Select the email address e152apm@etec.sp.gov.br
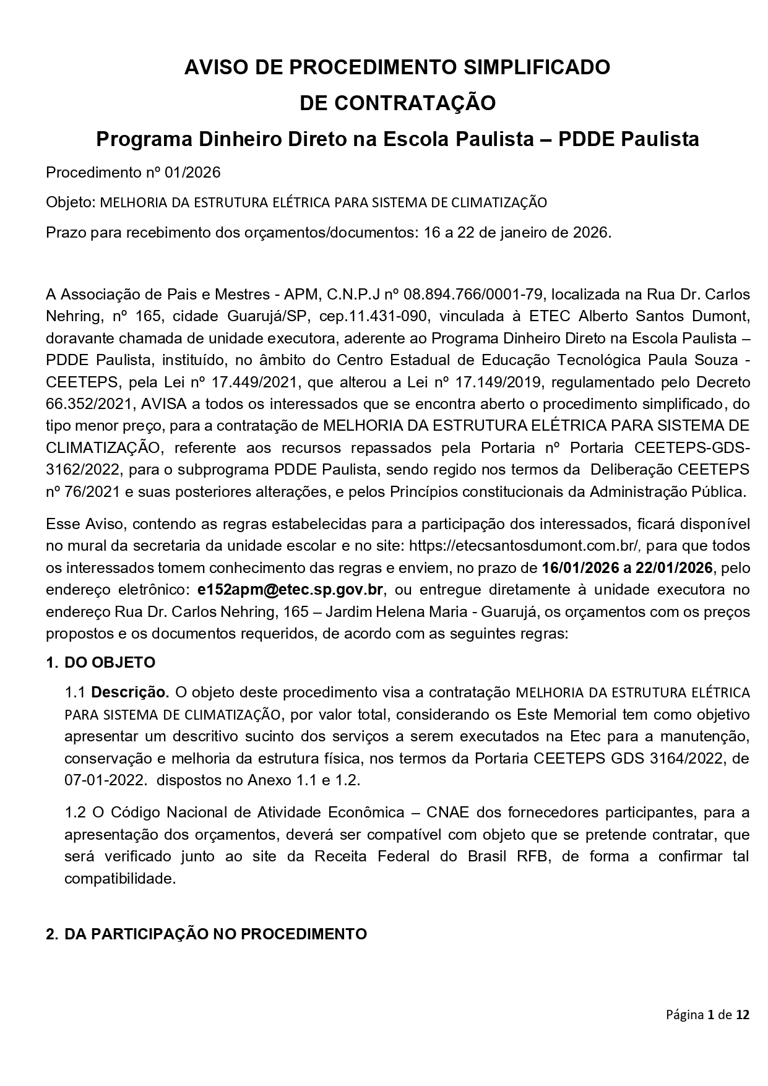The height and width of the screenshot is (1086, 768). coord(290,589)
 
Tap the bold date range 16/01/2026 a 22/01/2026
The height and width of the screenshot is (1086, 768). coord(627,567)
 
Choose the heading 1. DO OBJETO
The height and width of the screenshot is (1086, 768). coord(101,662)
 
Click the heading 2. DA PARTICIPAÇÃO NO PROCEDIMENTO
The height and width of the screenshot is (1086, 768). coord(206,934)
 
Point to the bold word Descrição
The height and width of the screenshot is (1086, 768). coord(130,691)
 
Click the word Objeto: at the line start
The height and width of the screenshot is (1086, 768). coord(70,202)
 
